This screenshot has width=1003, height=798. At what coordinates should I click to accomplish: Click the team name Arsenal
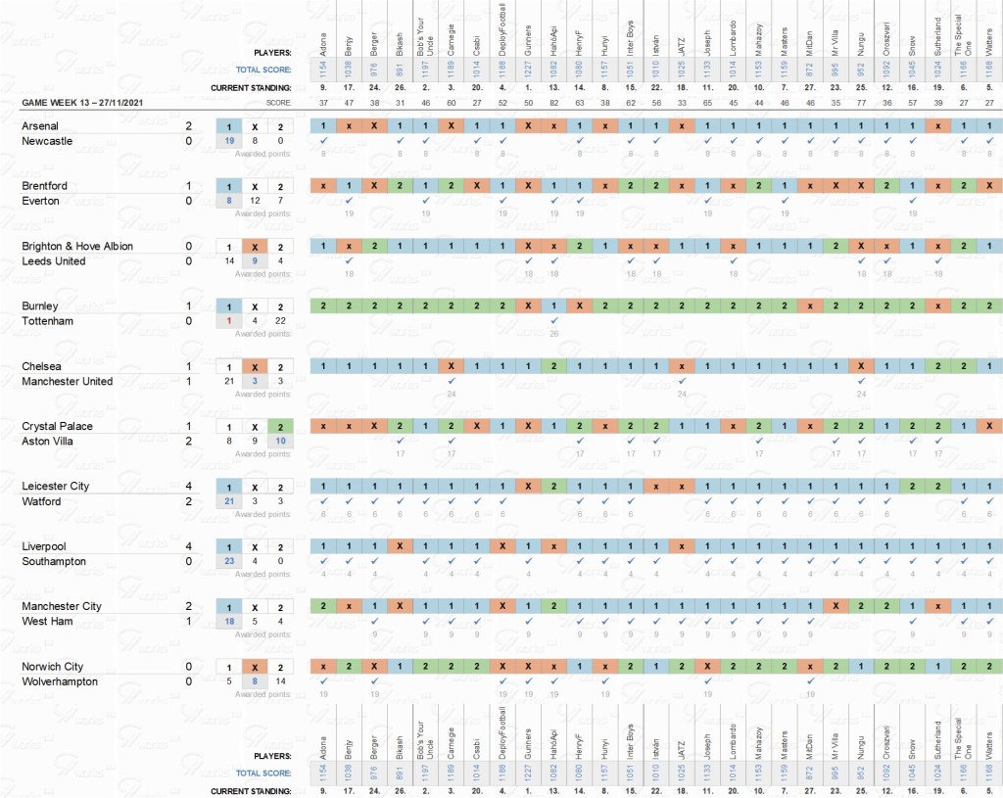[x=40, y=126]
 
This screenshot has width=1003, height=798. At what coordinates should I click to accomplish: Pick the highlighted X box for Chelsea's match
[x=254, y=366]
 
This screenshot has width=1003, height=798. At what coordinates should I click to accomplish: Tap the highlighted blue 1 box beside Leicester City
[x=228, y=487]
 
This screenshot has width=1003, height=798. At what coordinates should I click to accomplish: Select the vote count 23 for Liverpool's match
[x=228, y=562]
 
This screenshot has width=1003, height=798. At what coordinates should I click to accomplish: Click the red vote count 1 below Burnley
[x=228, y=321]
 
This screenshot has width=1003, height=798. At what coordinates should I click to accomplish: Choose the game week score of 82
[x=553, y=103]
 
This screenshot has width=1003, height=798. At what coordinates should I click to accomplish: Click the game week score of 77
[x=859, y=103]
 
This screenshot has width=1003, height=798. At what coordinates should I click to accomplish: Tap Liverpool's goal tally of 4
[x=188, y=546]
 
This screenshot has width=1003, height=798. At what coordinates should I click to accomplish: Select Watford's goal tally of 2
[x=188, y=501]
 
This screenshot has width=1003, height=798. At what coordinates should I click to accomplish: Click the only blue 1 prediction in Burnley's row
[x=553, y=306]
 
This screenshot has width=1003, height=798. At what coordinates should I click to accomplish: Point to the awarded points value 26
[x=553, y=334]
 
